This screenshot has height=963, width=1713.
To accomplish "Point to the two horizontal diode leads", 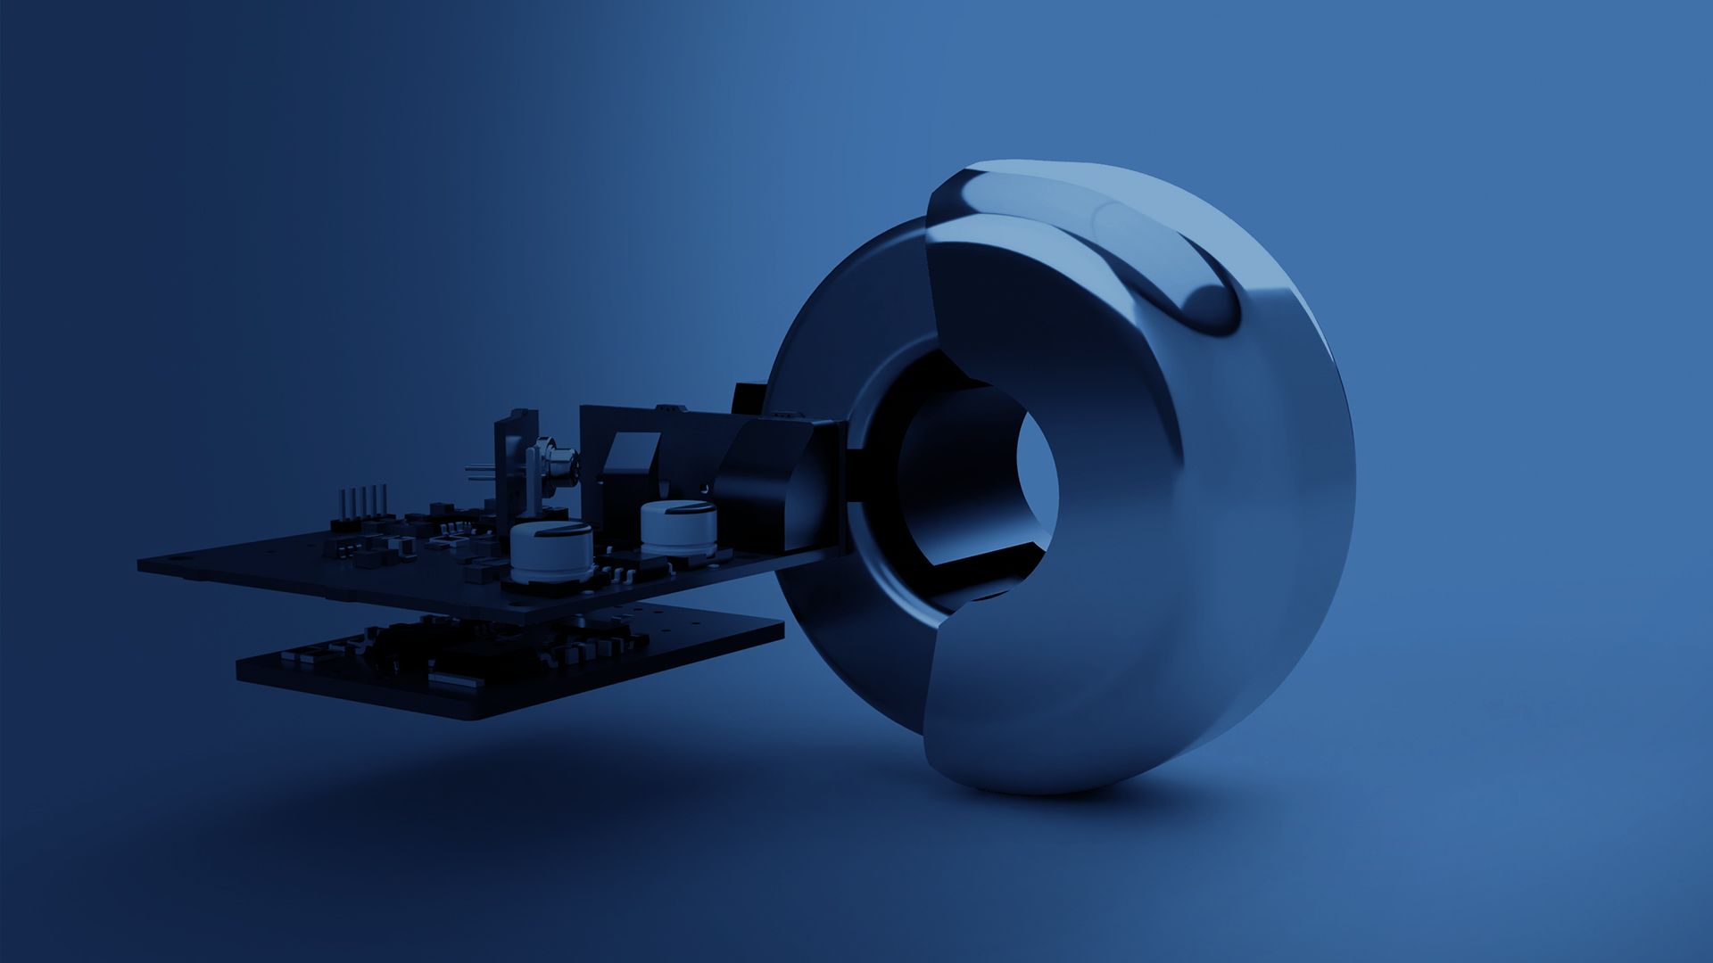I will [480, 472].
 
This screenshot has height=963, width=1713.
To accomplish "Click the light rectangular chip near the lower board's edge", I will [446, 680].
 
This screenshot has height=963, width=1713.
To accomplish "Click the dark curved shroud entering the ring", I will [767, 481].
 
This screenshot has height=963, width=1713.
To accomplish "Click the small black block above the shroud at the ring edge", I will [748, 398].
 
